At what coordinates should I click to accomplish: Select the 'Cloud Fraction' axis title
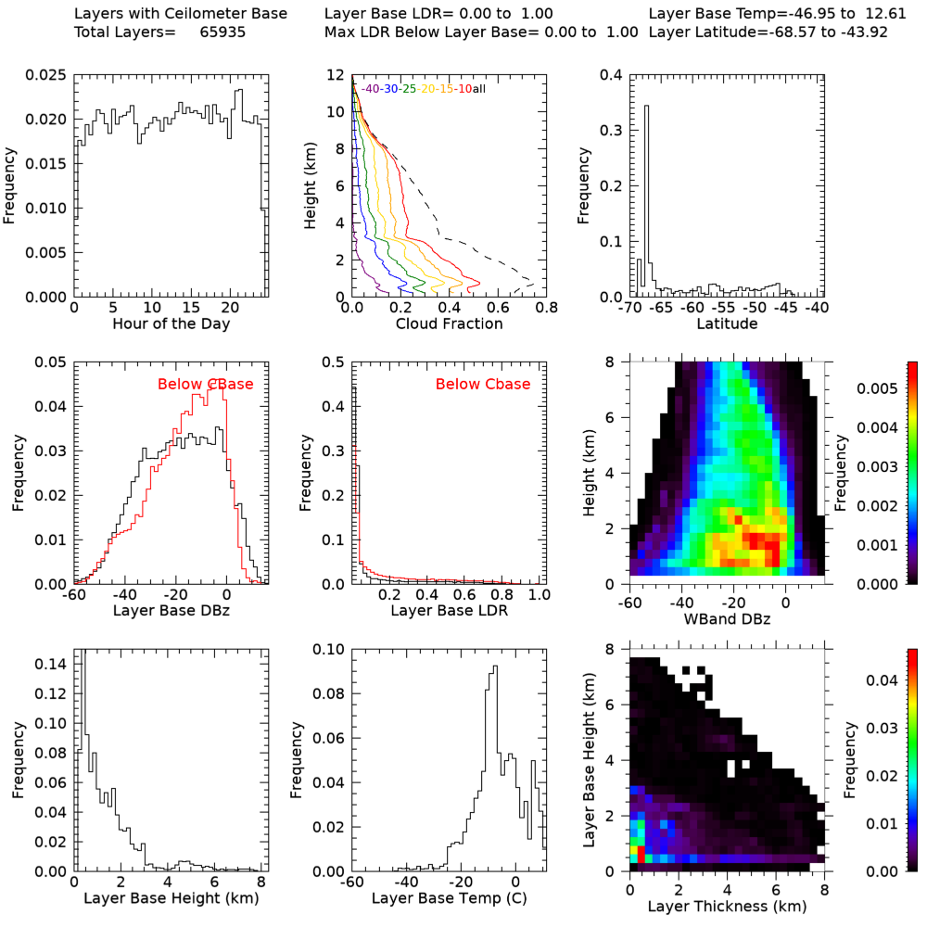449,324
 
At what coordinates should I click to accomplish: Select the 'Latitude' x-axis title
730,324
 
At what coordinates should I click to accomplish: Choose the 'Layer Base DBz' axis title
171,611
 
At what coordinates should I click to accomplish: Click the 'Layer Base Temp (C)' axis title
448,898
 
